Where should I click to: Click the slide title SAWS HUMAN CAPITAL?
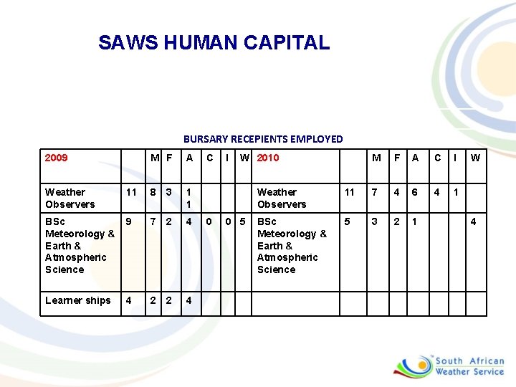pos(214,42)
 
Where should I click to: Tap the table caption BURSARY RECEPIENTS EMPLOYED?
pos(263,139)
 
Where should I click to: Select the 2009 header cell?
pos(56,158)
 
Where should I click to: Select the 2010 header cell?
pos(268,158)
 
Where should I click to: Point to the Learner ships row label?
pos(77,300)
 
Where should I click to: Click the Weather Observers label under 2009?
pos(70,198)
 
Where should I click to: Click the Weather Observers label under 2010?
pos(282,198)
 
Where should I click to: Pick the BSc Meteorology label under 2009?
pos(79,245)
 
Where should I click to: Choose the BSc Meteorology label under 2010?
pos(291,245)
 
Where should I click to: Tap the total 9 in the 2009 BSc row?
pos(128,221)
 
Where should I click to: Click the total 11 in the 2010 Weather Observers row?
pos(350,192)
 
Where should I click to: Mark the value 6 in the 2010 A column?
pos(414,192)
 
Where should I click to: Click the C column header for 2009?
pos(210,158)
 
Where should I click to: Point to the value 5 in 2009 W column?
pos(245,221)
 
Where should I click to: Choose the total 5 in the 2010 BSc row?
pos(348,221)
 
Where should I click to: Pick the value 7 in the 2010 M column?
pos(375,192)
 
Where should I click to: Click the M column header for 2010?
pos(376,158)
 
